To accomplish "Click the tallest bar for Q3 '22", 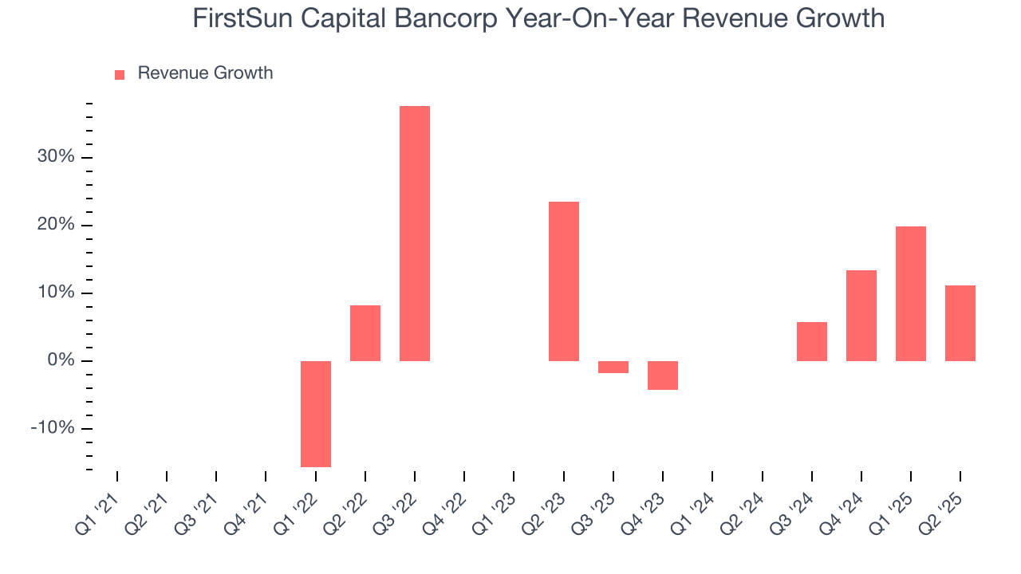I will (x=415, y=233).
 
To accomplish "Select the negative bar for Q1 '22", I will (x=316, y=414).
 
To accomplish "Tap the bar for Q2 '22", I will (x=365, y=332).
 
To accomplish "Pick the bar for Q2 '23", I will (x=563, y=281).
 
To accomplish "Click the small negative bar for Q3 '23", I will (x=613, y=367).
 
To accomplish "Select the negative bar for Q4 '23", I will (x=662, y=375).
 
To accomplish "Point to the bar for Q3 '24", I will (x=811, y=341).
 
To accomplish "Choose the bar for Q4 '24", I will (x=861, y=315).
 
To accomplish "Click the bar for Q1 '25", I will (x=910, y=293).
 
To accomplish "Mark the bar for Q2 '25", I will (x=960, y=323).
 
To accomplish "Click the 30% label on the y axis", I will (x=56, y=157).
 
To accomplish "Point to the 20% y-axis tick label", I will (x=56, y=225).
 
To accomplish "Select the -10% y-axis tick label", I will (x=53, y=428).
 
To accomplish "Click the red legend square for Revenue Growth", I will (x=120, y=74).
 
